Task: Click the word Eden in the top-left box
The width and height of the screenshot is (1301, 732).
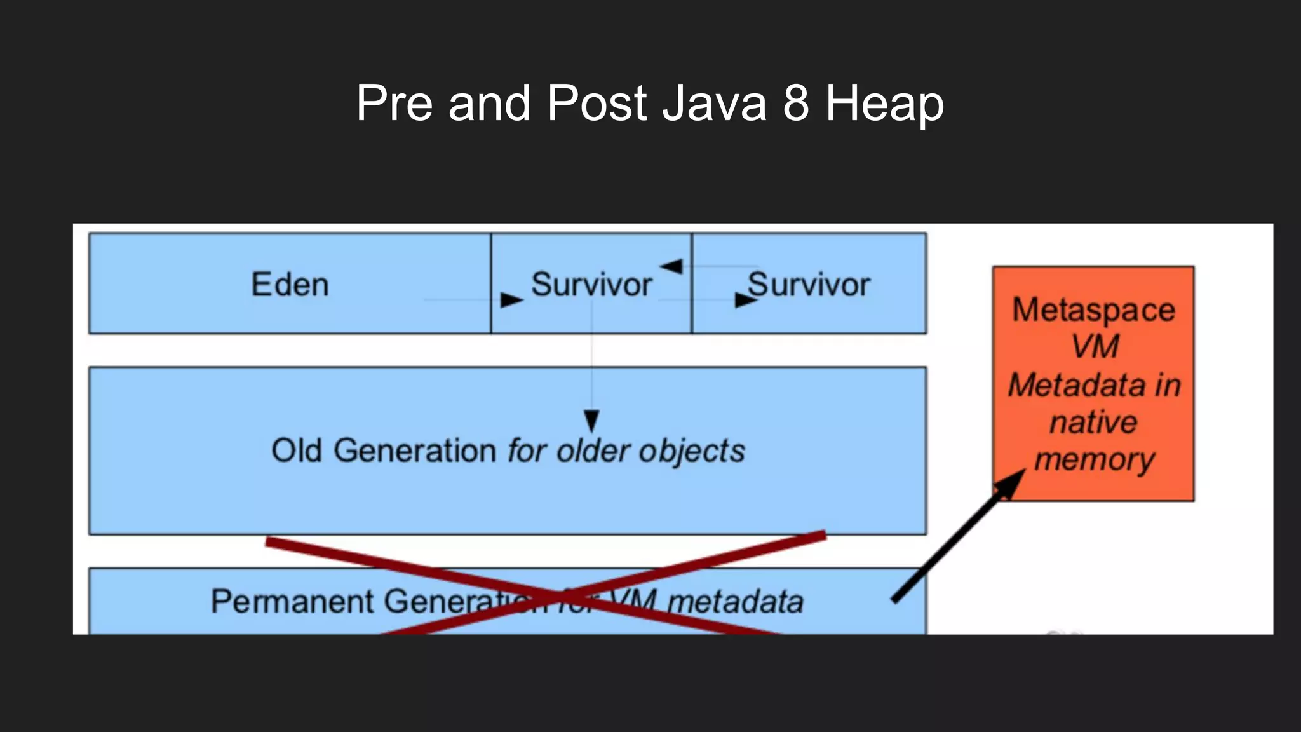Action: tap(290, 284)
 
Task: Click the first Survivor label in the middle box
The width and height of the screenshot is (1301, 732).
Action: tap(591, 284)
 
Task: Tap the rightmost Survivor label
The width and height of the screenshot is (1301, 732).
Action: tap(808, 284)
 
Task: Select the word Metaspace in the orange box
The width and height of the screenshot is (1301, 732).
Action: tap(1093, 310)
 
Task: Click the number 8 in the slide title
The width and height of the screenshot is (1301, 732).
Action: tap(796, 103)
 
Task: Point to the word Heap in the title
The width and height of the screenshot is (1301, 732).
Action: tap(884, 104)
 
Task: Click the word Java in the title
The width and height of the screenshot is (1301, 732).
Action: tap(714, 103)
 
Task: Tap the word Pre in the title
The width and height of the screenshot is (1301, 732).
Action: tap(394, 103)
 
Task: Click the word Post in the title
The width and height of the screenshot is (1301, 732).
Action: tap(597, 103)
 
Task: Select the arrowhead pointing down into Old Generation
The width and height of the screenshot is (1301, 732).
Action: tap(591, 420)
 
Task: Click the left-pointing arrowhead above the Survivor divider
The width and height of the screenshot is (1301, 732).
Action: tap(671, 266)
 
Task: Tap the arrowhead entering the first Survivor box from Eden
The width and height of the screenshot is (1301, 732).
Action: tap(511, 299)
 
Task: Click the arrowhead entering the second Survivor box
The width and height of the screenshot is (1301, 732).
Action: tap(744, 300)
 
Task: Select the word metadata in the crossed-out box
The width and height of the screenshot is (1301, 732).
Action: tap(735, 601)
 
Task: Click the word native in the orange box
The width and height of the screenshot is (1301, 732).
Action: tap(1093, 422)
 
